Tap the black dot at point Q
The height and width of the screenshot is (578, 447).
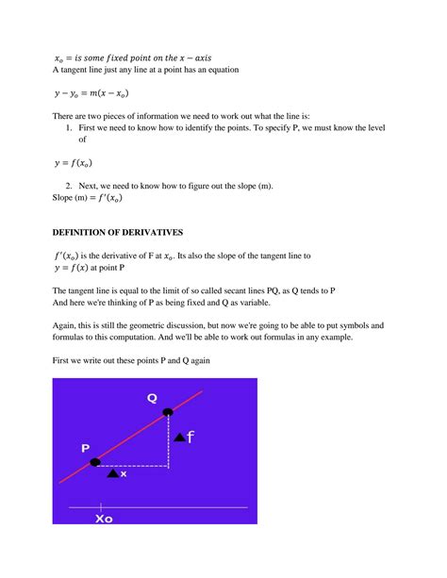[x=168, y=412]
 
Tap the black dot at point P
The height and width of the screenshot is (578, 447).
[x=94, y=462]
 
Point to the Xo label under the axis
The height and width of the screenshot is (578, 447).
[x=104, y=518]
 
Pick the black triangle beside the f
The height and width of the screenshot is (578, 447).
[x=179, y=438]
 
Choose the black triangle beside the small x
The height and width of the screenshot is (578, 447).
[x=113, y=473]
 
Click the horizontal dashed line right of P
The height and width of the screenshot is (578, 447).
[x=132, y=466]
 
